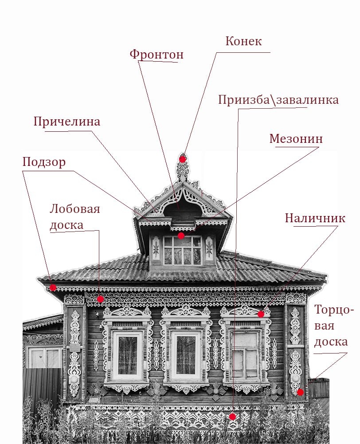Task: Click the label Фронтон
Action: click(x=156, y=55)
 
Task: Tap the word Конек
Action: click(x=243, y=41)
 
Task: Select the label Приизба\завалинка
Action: click(x=278, y=100)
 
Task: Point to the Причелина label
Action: click(x=67, y=122)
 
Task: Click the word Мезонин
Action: click(x=296, y=139)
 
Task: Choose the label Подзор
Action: click(x=44, y=162)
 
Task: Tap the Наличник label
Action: click(x=314, y=218)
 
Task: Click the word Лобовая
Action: click(x=75, y=209)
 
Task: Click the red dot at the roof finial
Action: click(x=182, y=159)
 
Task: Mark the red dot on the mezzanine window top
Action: click(x=181, y=236)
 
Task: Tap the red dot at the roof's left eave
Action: click(x=53, y=287)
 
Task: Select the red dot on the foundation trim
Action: click(x=232, y=416)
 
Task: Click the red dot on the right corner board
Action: click(x=300, y=392)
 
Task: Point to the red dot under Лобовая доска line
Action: click(x=100, y=299)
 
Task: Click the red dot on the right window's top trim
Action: click(x=261, y=314)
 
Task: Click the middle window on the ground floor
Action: click(x=186, y=355)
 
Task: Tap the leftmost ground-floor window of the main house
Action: click(x=127, y=355)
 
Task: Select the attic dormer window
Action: click(x=182, y=250)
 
